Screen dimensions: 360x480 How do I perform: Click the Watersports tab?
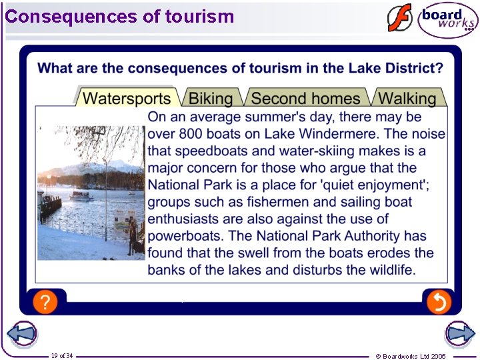tap(127, 99)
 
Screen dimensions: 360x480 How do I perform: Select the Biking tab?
tap(211, 99)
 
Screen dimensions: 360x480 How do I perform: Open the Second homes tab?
tap(305, 99)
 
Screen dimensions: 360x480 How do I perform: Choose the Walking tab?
tap(407, 99)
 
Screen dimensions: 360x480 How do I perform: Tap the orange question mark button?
tap(44, 302)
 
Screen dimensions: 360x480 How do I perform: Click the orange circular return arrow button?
tap(438, 302)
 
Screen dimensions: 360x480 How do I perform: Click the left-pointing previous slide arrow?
tap(21, 333)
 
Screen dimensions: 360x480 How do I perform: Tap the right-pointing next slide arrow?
tap(459, 333)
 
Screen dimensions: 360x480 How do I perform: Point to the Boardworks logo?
tap(448, 20)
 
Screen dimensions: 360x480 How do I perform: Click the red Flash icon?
tap(400, 19)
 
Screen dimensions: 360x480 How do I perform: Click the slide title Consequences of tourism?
tap(120, 16)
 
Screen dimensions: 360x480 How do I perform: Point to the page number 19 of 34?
tap(62, 355)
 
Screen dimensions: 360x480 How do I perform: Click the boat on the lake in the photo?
tap(81, 195)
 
